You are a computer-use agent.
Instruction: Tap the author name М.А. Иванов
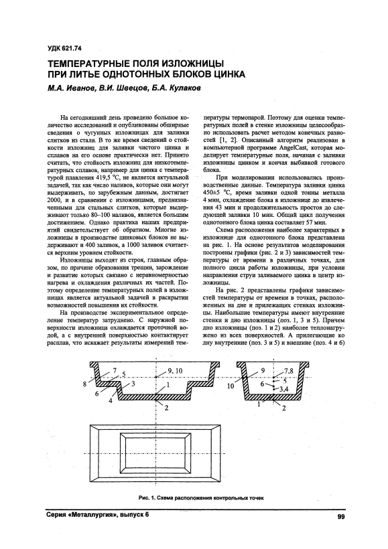(x=71, y=88)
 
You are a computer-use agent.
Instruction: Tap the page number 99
(x=341, y=516)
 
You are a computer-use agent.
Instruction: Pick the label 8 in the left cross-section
(x=85, y=384)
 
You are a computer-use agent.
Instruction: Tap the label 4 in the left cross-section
(x=110, y=401)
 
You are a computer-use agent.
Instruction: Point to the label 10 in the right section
(x=231, y=386)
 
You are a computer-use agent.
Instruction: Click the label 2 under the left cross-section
(x=166, y=407)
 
